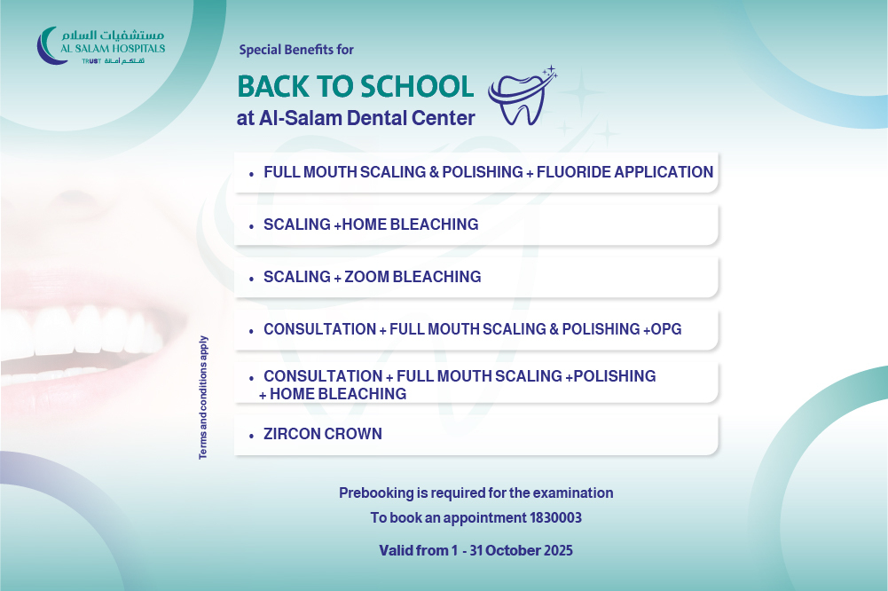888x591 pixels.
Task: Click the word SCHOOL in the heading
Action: (x=417, y=87)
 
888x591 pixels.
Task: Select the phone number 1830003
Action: (x=555, y=518)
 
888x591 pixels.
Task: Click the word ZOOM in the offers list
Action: (x=366, y=277)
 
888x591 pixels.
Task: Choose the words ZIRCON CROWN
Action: (x=323, y=434)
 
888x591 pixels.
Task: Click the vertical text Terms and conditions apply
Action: (x=203, y=398)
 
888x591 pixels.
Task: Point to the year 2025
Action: (x=558, y=551)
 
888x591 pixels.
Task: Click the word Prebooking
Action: (x=377, y=493)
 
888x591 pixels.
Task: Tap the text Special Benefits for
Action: (x=296, y=50)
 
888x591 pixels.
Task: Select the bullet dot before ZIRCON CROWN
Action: (x=251, y=437)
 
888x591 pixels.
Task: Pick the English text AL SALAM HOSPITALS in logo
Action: (x=113, y=49)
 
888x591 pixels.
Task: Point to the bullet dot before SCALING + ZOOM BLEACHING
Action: (x=251, y=280)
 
